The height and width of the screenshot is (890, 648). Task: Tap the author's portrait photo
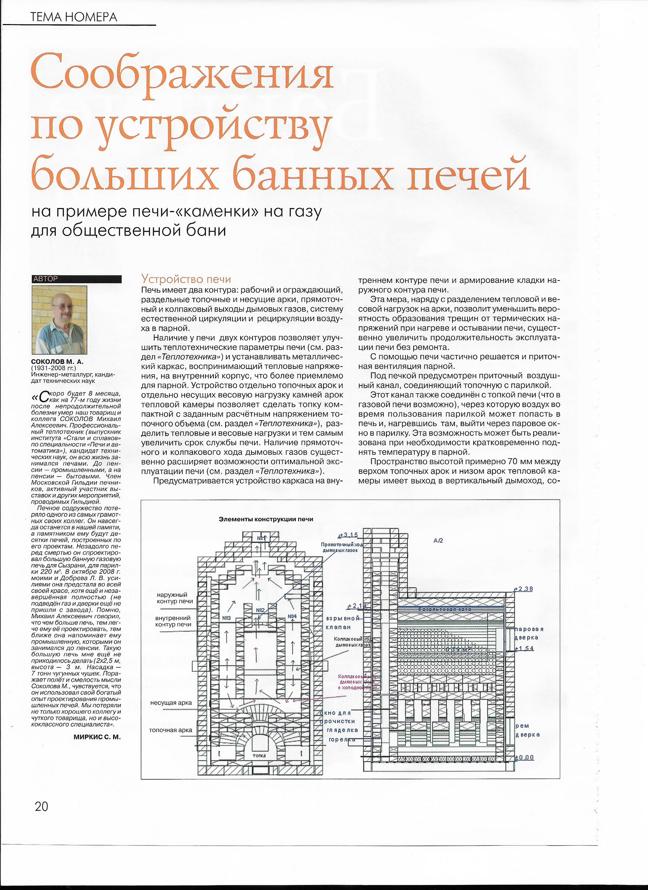click(x=59, y=320)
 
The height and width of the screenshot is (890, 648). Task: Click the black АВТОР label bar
click(x=77, y=279)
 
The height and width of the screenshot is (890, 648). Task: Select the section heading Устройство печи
click(x=186, y=279)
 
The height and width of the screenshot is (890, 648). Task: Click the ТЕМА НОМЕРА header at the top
click(x=74, y=17)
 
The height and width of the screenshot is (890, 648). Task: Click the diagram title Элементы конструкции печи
click(x=266, y=519)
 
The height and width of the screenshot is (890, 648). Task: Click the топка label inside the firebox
click(x=259, y=755)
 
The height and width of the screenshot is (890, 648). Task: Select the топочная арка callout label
click(x=170, y=730)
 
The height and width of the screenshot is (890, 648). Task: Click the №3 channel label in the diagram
click(x=226, y=618)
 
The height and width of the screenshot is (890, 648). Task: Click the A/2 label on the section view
click(x=438, y=541)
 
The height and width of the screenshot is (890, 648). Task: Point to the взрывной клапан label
click(x=342, y=623)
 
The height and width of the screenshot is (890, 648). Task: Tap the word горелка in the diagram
click(x=342, y=739)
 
